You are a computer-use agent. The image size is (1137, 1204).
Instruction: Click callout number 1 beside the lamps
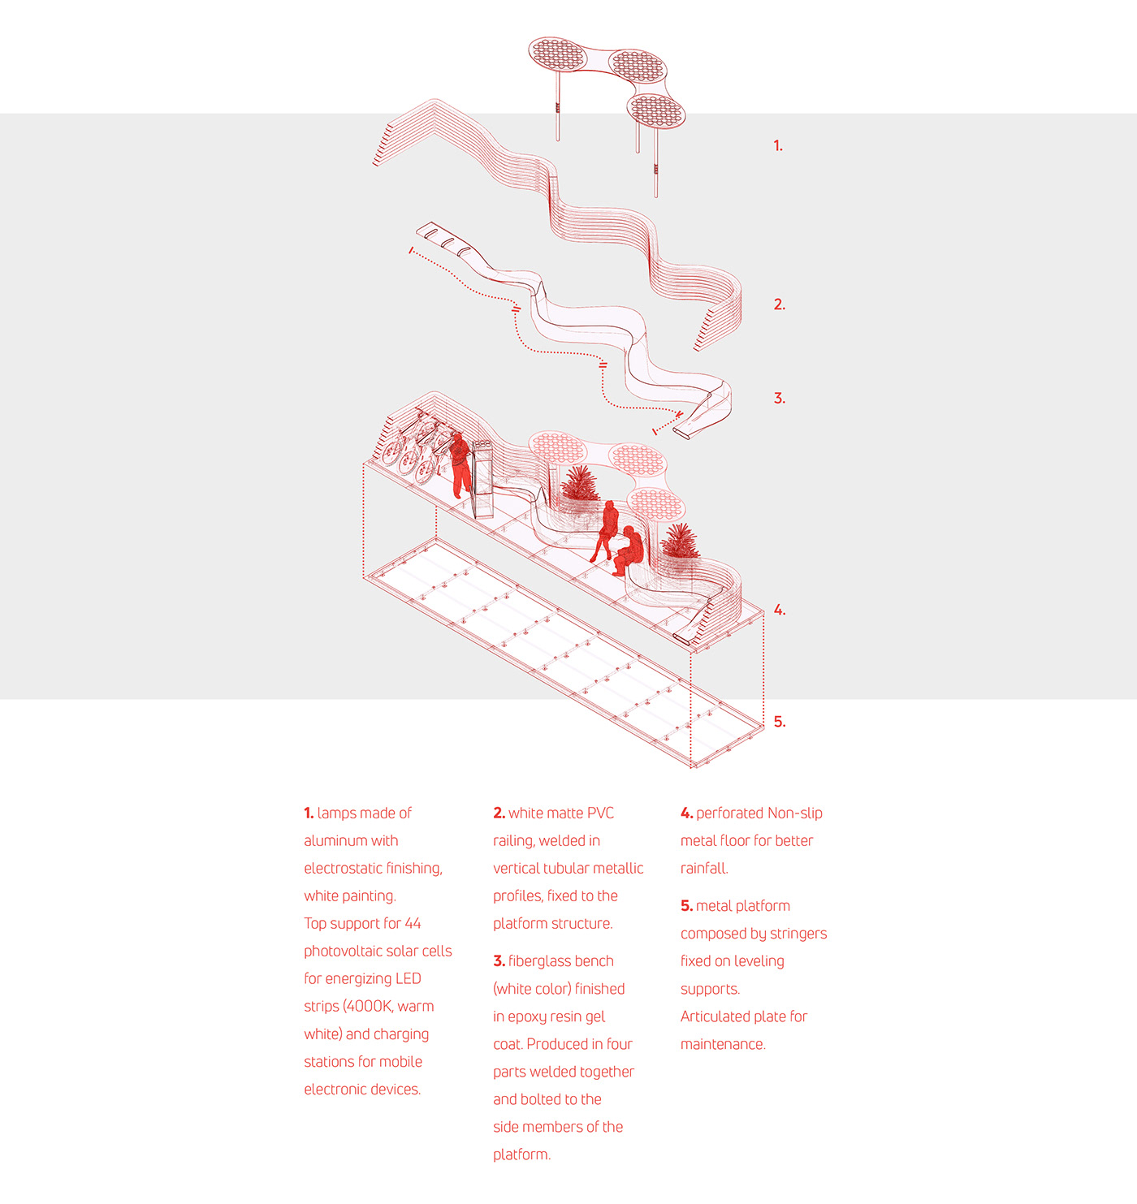(x=777, y=146)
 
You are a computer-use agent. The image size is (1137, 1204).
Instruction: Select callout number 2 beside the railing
(x=779, y=304)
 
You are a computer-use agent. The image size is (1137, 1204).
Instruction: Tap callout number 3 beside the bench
(x=779, y=399)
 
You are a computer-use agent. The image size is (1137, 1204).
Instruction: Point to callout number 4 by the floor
(x=779, y=610)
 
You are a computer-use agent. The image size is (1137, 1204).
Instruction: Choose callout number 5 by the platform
(x=779, y=722)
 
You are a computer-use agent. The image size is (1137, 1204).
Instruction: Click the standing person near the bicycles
(x=460, y=464)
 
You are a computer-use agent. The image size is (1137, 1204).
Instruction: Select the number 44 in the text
(x=413, y=924)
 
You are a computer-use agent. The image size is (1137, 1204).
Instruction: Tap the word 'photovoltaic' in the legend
(x=342, y=952)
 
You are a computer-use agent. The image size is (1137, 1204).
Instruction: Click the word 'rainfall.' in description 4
(x=704, y=869)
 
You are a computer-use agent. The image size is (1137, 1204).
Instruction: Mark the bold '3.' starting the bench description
(x=499, y=961)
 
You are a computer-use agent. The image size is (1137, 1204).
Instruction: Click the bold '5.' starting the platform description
(x=686, y=906)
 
